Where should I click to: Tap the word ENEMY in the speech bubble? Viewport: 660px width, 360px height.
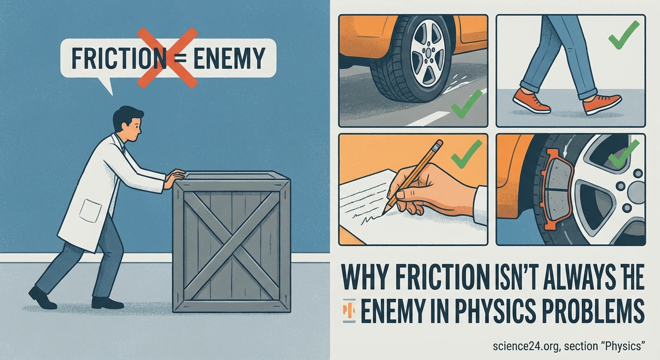point(229,58)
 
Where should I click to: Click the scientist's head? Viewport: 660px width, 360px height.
point(128,123)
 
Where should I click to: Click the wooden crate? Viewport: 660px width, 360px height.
point(232,241)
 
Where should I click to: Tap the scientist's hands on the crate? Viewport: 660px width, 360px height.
point(175,177)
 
